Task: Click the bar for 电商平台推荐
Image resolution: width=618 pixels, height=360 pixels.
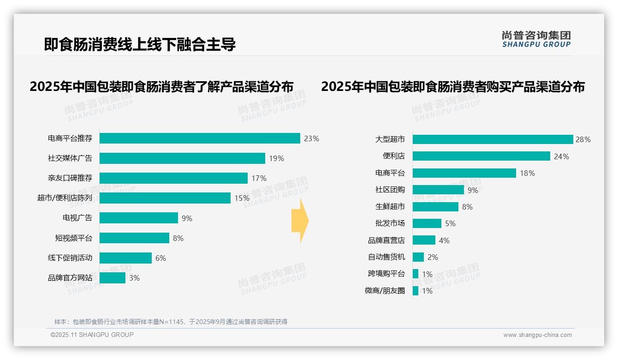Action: tap(200, 138)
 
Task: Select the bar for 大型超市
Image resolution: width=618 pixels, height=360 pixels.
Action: tap(493, 139)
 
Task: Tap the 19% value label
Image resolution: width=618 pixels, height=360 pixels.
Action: tap(276, 158)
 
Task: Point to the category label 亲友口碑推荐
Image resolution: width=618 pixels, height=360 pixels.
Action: tap(70, 178)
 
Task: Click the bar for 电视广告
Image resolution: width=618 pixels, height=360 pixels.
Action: tap(139, 218)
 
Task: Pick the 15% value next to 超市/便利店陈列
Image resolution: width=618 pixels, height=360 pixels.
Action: tap(242, 198)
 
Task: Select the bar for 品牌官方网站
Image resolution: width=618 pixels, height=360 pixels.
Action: tap(113, 278)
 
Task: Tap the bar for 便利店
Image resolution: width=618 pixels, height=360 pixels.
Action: tap(481, 156)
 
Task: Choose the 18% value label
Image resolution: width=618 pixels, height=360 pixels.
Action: tap(527, 173)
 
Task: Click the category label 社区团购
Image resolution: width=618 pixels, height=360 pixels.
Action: tap(390, 190)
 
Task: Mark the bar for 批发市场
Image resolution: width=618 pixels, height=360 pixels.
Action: tap(427, 223)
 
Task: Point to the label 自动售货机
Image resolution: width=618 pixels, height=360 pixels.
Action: tap(386, 257)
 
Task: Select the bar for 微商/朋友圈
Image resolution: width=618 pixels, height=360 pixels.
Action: tap(416, 291)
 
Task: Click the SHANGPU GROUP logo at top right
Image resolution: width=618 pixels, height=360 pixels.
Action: tap(536, 39)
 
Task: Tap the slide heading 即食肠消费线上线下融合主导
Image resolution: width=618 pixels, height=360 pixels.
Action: tap(140, 44)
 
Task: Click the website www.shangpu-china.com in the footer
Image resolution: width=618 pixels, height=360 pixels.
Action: tap(537, 335)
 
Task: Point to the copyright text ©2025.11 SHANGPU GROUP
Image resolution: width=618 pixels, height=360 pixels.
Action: tap(92, 335)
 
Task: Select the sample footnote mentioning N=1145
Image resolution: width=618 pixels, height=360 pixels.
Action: tap(171, 322)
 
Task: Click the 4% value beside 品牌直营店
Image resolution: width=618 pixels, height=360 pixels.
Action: tap(444, 240)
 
